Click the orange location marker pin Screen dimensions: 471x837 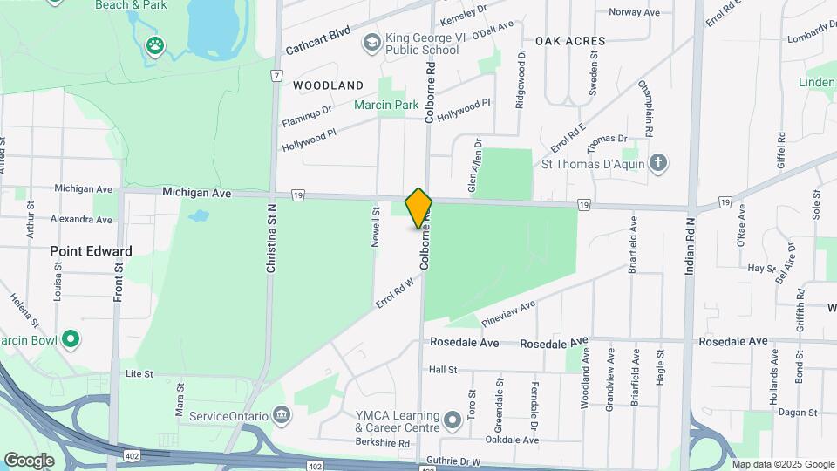[418, 208]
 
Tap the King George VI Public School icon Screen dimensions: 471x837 [372, 42]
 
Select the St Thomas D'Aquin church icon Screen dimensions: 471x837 [659, 163]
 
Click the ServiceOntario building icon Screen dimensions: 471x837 [281, 414]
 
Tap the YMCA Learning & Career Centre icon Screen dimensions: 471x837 [452, 422]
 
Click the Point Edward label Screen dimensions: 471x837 [91, 251]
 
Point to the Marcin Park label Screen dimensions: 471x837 [386, 105]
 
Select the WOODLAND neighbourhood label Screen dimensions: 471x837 [328, 85]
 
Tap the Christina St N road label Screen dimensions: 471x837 [271, 240]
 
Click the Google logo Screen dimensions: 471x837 [29, 460]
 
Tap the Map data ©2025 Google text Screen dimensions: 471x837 [783, 464]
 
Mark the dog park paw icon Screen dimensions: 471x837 [155, 44]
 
